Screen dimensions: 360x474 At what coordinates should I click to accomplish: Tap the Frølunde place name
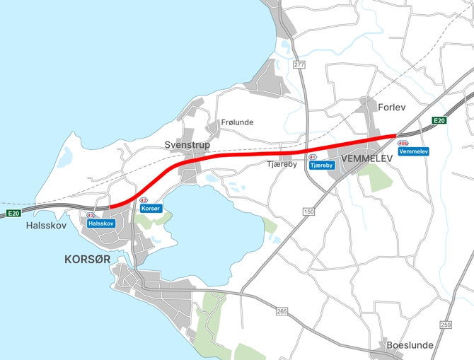(x=237, y=122)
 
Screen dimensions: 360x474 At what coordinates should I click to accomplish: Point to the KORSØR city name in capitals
(x=87, y=260)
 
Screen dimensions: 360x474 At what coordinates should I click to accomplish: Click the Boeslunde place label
(x=410, y=345)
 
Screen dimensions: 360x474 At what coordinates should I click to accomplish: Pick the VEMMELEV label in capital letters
(x=366, y=159)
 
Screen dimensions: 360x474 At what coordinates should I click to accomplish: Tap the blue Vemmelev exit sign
(x=414, y=152)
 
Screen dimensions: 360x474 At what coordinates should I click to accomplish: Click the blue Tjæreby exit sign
(x=321, y=165)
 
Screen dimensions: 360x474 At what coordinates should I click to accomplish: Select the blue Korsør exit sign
(x=151, y=209)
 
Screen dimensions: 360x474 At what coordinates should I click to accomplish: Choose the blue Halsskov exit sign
(x=100, y=223)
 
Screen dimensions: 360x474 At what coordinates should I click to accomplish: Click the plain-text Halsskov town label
(x=45, y=226)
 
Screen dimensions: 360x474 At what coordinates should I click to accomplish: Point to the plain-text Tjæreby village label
(x=281, y=165)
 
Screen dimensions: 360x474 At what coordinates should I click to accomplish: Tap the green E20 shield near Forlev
(x=439, y=121)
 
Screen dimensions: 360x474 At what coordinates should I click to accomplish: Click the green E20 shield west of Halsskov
(x=13, y=214)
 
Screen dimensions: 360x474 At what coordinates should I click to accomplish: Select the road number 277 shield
(x=299, y=65)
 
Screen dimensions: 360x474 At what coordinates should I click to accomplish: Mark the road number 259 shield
(x=445, y=325)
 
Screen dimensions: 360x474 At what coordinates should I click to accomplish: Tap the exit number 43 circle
(x=91, y=215)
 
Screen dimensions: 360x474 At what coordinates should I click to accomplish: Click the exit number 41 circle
(x=312, y=156)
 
